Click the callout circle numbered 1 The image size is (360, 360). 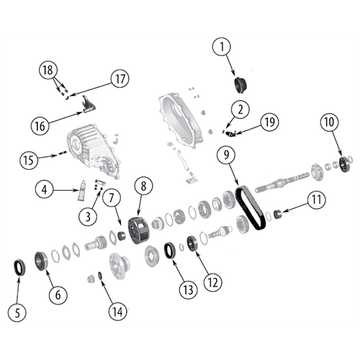[x=222, y=47]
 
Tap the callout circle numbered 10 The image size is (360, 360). [x=329, y=122]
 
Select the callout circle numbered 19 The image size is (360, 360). [x=270, y=122]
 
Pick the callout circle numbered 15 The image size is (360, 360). [x=29, y=160]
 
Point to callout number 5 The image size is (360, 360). [x=17, y=312]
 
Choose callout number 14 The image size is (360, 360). [x=117, y=312]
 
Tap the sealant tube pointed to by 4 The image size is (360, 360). [x=81, y=191]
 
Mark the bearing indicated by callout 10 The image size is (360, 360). [x=345, y=165]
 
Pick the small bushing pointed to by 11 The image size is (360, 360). [x=278, y=214]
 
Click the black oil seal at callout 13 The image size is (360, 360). [x=169, y=251]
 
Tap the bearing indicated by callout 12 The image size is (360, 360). [x=192, y=244]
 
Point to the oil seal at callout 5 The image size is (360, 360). [x=19, y=268]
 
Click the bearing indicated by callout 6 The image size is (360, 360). [x=41, y=261]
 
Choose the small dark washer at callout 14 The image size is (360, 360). [x=100, y=276]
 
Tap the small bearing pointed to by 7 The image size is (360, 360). [x=123, y=235]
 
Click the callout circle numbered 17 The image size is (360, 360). [x=120, y=78]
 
